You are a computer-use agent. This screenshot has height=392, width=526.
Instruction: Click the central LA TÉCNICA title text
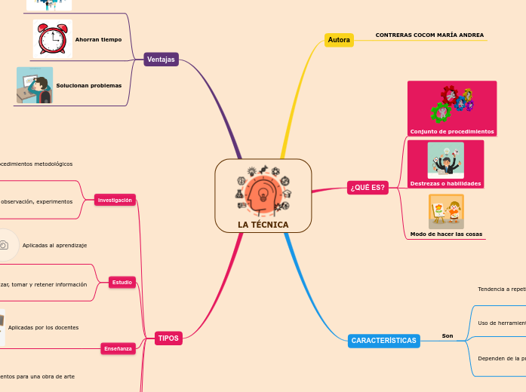point(263,225)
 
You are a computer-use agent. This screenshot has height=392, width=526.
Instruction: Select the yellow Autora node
point(339,40)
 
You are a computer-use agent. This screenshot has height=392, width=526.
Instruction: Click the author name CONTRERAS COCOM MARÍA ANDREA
point(429,35)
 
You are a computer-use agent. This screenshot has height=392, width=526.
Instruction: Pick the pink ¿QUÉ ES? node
point(368,188)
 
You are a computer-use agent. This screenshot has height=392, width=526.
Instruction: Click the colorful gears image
point(451,104)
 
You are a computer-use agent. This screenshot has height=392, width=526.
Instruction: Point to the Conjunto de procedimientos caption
point(452,131)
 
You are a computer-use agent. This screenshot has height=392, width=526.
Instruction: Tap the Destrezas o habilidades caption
point(445,183)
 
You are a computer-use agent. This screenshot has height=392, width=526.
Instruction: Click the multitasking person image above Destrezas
point(445,160)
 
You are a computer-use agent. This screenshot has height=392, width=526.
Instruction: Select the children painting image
point(446,212)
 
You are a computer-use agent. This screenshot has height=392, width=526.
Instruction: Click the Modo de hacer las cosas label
point(446,234)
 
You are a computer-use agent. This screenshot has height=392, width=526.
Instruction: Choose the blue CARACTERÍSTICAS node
point(383,341)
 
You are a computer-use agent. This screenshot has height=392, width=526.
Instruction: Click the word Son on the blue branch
point(448,335)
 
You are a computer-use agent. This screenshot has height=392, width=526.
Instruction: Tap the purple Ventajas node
point(161,60)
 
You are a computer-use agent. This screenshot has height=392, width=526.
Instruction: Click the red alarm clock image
point(52,38)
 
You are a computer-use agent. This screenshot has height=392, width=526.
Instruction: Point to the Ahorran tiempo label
point(98,39)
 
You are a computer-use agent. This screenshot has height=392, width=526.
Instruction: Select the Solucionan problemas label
point(88,85)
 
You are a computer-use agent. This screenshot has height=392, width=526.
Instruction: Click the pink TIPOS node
point(168,338)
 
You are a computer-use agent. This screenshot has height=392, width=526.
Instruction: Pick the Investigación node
point(115,200)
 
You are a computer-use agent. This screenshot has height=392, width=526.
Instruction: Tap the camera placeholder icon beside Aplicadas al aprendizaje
point(4,245)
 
